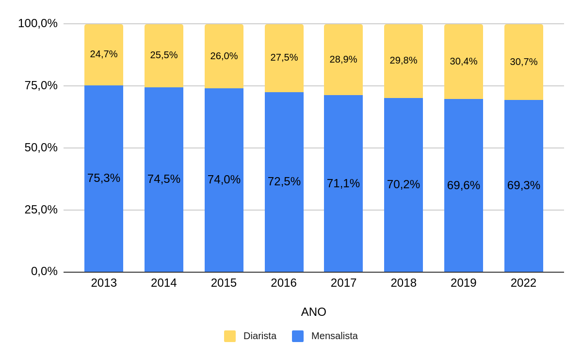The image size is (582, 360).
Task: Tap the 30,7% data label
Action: tap(524, 62)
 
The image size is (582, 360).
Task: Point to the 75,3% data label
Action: tap(104, 178)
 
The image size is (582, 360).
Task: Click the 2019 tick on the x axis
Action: tap(464, 283)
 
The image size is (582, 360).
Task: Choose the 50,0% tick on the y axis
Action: tap(41, 147)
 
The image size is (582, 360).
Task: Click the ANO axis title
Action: tap(313, 312)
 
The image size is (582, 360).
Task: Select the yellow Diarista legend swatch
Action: tap(230, 336)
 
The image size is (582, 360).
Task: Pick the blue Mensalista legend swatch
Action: tap(298, 336)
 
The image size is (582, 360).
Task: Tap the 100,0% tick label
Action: tap(38, 23)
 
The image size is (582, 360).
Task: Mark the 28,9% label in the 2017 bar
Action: tap(343, 59)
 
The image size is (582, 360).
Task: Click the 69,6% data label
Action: tap(464, 185)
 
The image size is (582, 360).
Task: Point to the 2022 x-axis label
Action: tap(523, 283)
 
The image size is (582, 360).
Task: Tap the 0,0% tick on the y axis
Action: tap(44, 271)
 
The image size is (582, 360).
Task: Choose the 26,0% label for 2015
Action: tap(224, 56)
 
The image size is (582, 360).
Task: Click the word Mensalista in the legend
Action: tap(335, 336)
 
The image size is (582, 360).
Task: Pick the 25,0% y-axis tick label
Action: tap(41, 210)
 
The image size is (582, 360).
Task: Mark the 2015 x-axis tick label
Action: tap(224, 283)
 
